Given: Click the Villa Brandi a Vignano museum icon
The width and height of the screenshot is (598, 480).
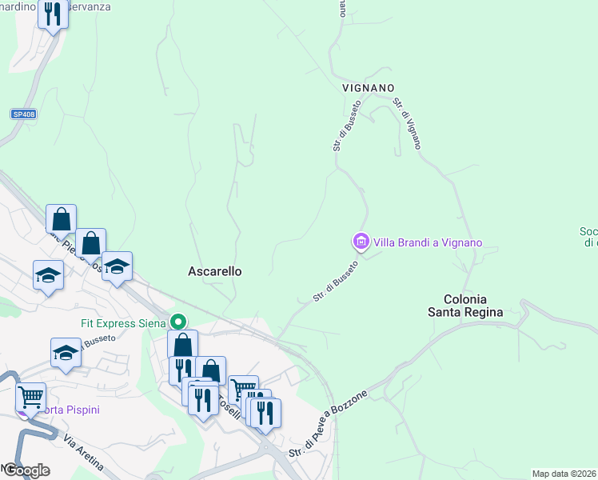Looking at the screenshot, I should point(361,241).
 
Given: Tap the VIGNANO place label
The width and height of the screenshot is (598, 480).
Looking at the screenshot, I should point(369,87).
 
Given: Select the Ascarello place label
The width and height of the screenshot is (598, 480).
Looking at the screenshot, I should point(214,271).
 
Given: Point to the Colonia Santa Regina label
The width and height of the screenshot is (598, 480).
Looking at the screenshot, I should point(465,305).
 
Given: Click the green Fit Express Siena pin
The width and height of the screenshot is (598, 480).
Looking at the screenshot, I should point(179,322).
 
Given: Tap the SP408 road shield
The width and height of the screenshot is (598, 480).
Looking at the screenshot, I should point(23,114).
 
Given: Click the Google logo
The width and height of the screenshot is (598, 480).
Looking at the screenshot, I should point(26,470).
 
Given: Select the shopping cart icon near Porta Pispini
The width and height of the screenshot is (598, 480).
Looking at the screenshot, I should point(31,395).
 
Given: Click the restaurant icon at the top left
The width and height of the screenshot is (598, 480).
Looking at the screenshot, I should point(54,13).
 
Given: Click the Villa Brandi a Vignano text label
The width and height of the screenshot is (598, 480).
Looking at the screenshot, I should point(428,242).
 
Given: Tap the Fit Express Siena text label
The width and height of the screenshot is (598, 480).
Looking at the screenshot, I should point(123,323).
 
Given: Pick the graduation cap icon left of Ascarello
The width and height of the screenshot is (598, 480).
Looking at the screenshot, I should point(117,266).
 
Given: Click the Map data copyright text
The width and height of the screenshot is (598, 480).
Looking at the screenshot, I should point(564,474).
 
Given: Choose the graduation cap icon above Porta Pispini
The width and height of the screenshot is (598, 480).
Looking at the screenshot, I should point(66,353).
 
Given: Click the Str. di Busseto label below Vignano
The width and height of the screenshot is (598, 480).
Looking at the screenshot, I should point(348,126).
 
